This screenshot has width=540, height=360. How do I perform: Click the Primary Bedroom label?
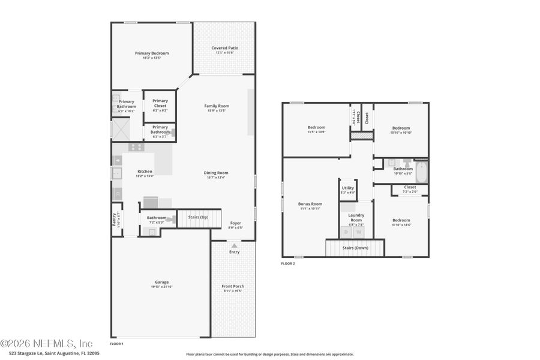[152, 53]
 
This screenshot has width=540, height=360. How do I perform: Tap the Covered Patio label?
[225, 48]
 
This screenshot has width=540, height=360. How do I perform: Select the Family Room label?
[217, 106]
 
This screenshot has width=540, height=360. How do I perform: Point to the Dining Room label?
[217, 173]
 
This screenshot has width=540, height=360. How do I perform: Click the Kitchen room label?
[145, 172]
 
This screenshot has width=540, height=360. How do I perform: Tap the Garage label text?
[161, 282]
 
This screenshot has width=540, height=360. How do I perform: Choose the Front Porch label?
[233, 286]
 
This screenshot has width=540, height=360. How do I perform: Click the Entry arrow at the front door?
[234, 245]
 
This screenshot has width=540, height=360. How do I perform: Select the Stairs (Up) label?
[198, 217]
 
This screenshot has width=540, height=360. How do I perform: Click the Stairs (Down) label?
[355, 247]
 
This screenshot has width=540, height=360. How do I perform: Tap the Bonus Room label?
[310, 204]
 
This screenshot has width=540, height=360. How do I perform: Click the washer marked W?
[359, 232]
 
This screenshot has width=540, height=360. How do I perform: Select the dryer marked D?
[346, 232]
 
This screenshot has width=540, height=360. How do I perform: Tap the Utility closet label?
[348, 188]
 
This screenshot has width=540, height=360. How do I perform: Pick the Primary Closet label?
[160, 103]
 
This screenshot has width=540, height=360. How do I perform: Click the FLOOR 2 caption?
[288, 263]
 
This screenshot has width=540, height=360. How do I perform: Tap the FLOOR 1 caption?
[116, 344]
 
